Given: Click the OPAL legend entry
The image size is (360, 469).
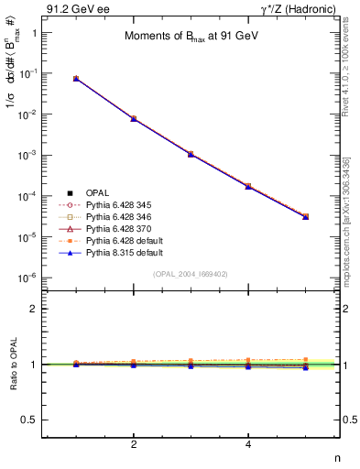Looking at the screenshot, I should tap(98, 192).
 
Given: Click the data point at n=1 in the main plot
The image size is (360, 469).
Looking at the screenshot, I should tap(76, 79).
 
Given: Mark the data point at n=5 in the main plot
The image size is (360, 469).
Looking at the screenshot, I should tap(306, 217).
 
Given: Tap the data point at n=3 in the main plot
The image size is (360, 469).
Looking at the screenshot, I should tap(191, 154).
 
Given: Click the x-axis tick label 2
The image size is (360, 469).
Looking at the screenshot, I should tap(134, 444).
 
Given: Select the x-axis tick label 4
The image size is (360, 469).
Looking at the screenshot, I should tap(248, 444).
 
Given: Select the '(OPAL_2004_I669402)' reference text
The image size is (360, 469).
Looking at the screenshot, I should tap(191, 273).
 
